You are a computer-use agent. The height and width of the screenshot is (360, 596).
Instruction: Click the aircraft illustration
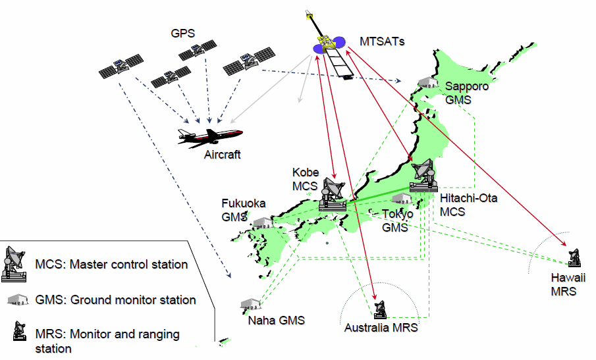[x=210, y=138]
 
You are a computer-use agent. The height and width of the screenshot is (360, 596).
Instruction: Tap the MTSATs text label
[x=382, y=41]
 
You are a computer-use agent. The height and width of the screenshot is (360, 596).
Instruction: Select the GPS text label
[x=183, y=34]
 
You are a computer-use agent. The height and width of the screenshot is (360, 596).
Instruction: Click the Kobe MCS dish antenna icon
[x=333, y=194]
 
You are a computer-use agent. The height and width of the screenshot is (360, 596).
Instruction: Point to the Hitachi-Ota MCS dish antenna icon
[x=423, y=176]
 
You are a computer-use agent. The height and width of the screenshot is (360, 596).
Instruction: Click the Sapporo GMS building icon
[x=428, y=82]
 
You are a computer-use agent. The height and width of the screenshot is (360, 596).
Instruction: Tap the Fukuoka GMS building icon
[x=262, y=222]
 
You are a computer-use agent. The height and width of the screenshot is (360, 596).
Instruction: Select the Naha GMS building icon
[x=250, y=304]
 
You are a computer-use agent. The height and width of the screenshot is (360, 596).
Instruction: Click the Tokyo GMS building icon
[x=402, y=199]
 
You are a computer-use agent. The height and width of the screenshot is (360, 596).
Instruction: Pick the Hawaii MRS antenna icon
[x=574, y=257]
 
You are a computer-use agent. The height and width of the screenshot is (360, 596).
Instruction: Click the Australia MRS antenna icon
[x=380, y=309]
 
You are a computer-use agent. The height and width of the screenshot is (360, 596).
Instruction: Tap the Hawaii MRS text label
[x=568, y=284]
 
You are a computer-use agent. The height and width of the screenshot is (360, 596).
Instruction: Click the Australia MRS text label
[x=381, y=328]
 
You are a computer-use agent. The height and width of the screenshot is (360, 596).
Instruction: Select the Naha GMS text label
[x=277, y=321]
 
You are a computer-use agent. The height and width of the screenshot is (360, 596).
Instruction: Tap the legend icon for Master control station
[x=14, y=264]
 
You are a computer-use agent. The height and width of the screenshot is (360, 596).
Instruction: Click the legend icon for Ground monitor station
[x=18, y=299]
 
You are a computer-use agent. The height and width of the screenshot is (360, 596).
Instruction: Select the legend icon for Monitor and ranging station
[x=20, y=331]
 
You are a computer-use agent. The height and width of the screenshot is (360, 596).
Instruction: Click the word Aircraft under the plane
[x=223, y=155]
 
